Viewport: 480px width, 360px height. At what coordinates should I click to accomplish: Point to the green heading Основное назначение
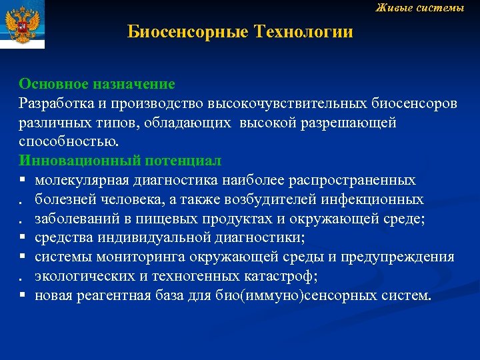97,84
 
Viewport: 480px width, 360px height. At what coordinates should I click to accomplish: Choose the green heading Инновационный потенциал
120,161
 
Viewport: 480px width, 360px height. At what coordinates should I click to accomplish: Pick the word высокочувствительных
278,103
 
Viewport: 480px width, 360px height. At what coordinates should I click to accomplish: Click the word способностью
69,141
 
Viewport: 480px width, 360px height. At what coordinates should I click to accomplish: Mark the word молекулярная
81,180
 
